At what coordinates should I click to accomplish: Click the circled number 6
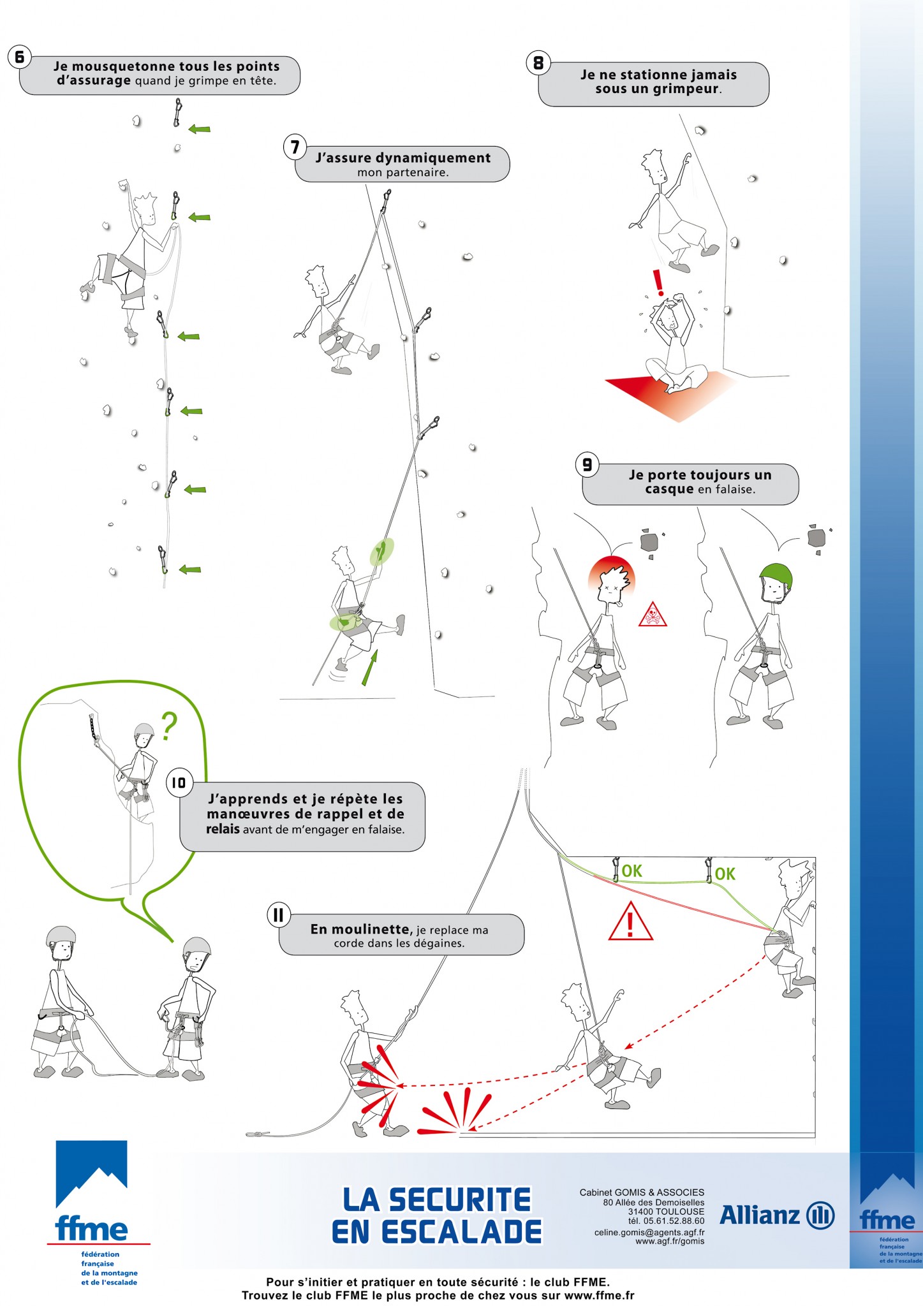(x=20, y=57)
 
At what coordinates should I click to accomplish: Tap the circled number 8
(x=538, y=63)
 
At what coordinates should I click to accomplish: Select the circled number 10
(x=179, y=782)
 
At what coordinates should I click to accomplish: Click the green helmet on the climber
(x=776, y=576)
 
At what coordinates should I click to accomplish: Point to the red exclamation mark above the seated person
(x=658, y=282)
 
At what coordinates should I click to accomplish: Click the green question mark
(x=168, y=726)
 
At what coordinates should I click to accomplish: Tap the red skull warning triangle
(x=653, y=614)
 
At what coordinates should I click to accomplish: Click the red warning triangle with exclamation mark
(x=630, y=921)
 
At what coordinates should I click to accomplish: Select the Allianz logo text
(x=759, y=1215)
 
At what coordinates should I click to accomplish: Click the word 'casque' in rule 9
(x=669, y=489)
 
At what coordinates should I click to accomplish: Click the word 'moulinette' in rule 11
(x=369, y=929)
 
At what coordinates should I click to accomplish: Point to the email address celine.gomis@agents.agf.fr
(x=649, y=1233)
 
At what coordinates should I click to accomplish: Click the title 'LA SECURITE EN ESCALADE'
(x=437, y=1215)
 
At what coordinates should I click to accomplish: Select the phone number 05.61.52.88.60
(x=674, y=1221)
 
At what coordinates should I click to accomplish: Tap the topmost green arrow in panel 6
(x=199, y=129)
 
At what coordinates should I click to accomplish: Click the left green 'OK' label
(x=631, y=871)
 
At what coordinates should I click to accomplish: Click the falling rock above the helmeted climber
(x=816, y=537)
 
